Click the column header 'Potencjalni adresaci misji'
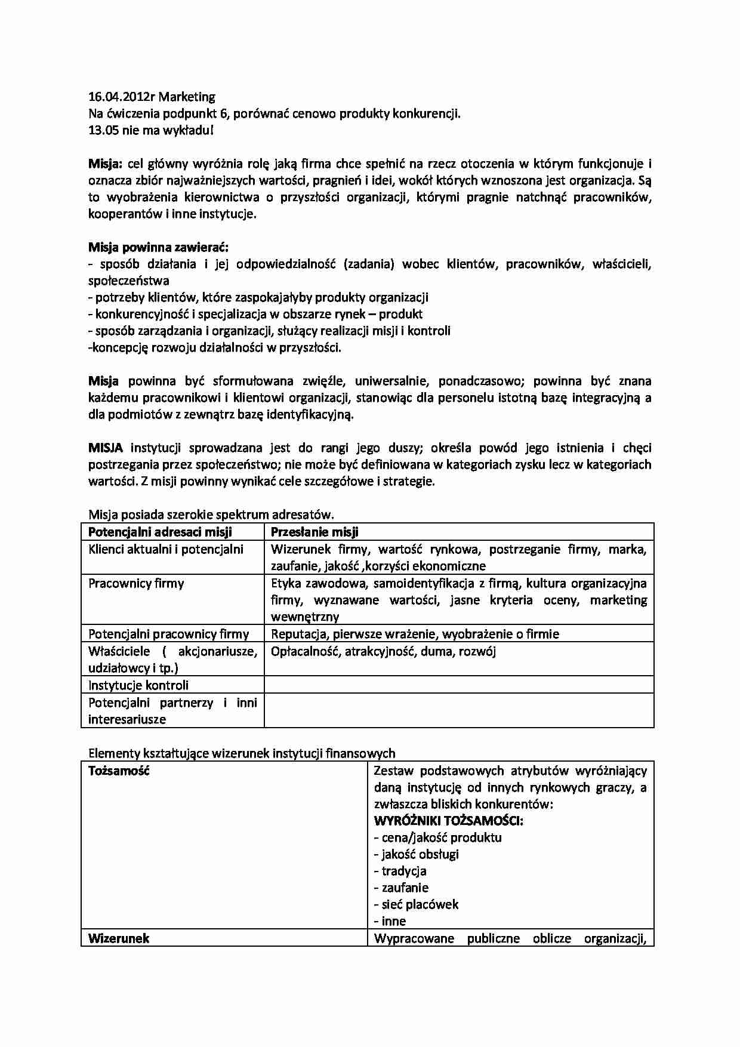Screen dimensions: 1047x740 [x=160, y=532]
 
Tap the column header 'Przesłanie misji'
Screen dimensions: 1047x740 [x=314, y=532]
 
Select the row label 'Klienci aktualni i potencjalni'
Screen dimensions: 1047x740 [x=166, y=549]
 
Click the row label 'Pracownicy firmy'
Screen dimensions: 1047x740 [x=136, y=583]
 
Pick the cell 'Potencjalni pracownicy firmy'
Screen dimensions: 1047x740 [x=168, y=634]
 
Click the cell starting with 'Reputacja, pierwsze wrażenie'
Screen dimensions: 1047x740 [x=415, y=634]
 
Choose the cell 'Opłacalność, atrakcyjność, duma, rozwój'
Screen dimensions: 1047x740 [x=383, y=651]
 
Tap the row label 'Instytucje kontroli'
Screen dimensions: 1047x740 [x=138, y=685]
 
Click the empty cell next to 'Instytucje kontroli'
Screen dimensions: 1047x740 [x=458, y=685]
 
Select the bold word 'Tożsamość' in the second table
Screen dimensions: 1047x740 [x=119, y=771]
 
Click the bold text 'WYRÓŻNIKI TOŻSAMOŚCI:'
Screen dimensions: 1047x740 [x=449, y=821]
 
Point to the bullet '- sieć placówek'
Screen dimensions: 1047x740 [x=416, y=904]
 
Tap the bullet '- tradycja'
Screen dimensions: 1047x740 [x=400, y=871]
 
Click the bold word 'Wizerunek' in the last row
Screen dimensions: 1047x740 [x=119, y=938]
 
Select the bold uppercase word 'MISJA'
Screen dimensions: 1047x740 [x=106, y=448]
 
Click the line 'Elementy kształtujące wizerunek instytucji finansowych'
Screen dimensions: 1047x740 [x=242, y=753]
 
